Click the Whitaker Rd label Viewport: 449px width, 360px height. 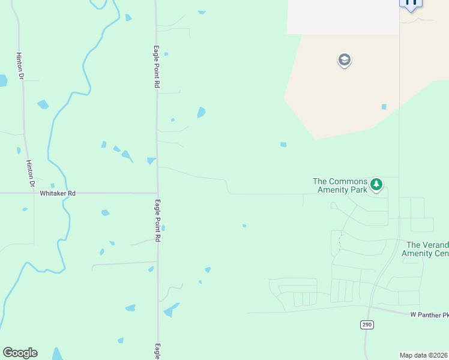point(58,194)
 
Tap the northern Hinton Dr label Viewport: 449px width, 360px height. point(20,65)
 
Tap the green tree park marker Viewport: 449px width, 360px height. point(376,184)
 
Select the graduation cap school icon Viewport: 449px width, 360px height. point(345,61)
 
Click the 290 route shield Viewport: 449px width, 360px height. point(367,325)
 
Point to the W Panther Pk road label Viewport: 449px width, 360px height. point(429,314)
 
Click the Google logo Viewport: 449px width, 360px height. point(20,353)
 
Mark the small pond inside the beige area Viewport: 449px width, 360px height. point(384,107)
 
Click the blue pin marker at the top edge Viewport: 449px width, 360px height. point(411,4)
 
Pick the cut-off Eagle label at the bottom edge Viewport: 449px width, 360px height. point(157,352)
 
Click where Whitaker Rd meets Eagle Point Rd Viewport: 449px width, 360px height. point(157,193)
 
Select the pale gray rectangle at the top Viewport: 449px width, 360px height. point(343,17)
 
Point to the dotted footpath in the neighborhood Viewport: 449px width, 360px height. point(340,241)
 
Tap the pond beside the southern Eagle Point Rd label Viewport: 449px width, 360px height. point(163,228)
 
